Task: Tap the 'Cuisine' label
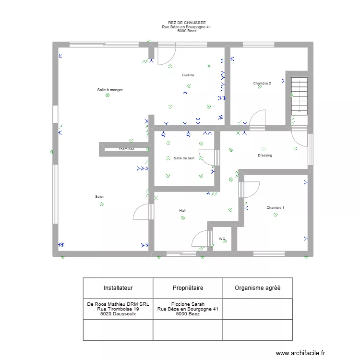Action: coord(188,75)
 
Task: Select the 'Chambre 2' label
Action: coord(262,84)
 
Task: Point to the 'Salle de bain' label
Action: coord(184,158)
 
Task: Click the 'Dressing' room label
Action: coord(265,156)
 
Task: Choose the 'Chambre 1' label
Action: coord(275,208)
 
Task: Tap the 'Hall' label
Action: coord(182,211)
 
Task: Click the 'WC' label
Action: coord(222,239)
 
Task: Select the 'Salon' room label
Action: coord(100,197)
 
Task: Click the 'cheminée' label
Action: coord(126,149)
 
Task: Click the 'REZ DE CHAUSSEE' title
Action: coord(187,23)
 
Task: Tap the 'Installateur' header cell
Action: coord(118,288)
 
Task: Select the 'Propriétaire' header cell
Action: coord(188,288)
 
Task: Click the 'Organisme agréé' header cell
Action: coord(257,288)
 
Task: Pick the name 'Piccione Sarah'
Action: coord(188,304)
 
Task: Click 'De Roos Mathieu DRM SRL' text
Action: coord(118,304)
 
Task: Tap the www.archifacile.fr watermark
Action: coord(300,353)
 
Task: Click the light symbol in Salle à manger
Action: coord(107,95)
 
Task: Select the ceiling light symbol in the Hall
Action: coord(183,218)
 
